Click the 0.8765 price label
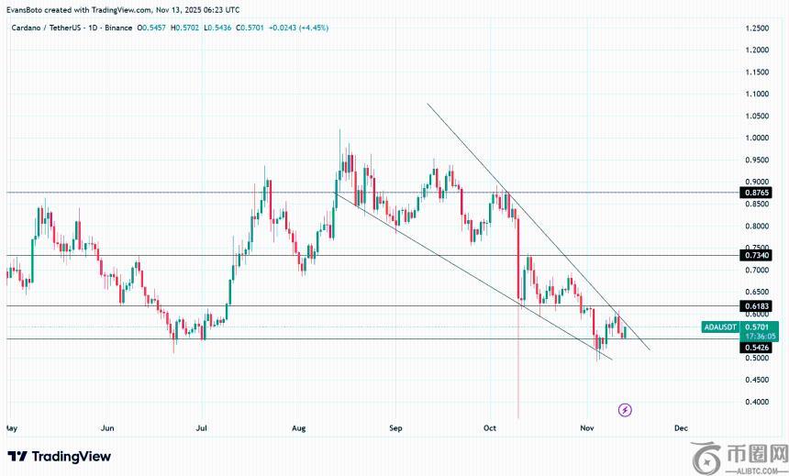pos(758,193)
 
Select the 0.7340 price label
pos(758,256)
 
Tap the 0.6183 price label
pos(758,305)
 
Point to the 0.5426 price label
pos(758,349)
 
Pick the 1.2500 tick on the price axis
pos(758,28)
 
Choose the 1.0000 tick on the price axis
pos(758,138)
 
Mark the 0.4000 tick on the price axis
pos(758,403)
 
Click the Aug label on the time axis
pos(298,428)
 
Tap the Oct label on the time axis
pos(490,428)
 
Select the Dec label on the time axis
pos(681,428)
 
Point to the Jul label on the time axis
pos(203,428)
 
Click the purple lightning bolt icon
pos(625,410)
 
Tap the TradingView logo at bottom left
pos(60,456)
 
